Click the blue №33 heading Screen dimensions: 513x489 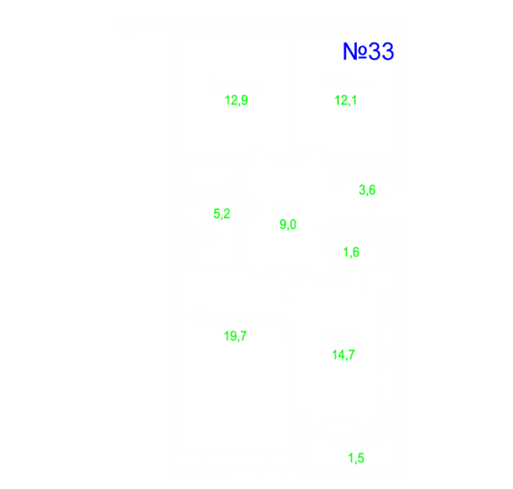[368, 52]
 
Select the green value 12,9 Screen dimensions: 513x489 [236, 101]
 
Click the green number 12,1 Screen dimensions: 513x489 [345, 101]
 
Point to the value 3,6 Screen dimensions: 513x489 [367, 190]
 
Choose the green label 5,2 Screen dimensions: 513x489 [222, 214]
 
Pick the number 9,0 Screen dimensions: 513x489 [288, 224]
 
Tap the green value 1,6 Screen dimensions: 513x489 [351, 252]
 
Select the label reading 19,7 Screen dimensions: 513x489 [236, 336]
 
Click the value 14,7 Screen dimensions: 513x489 [343, 355]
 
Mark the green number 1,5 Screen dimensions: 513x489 [356, 458]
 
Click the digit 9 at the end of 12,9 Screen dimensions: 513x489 [244, 100]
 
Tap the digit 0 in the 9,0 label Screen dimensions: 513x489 [293, 224]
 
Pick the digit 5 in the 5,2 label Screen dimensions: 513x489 [217, 213]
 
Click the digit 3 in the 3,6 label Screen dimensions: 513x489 [362, 189]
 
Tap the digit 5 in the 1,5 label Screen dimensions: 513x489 [360, 458]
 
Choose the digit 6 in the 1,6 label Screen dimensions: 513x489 [355, 252]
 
